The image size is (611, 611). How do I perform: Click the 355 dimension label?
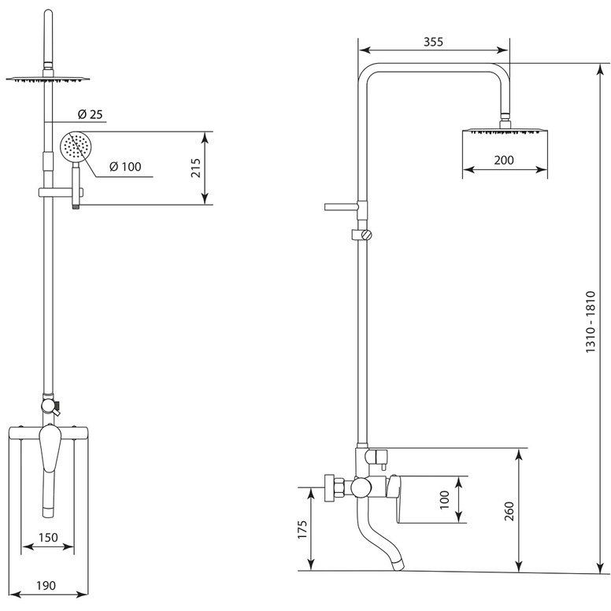click(433, 42)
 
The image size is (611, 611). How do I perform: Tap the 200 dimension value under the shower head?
click(504, 160)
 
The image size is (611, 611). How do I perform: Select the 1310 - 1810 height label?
click(591, 322)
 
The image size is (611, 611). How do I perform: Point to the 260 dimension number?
click(509, 511)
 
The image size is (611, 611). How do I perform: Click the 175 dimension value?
click(302, 529)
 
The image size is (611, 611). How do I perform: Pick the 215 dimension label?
click(195, 168)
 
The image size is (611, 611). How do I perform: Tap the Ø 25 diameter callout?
click(90, 114)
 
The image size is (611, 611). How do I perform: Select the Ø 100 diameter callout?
click(125, 167)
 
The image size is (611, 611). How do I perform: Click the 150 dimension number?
click(48, 537)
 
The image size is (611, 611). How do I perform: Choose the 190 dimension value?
click(46, 585)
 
